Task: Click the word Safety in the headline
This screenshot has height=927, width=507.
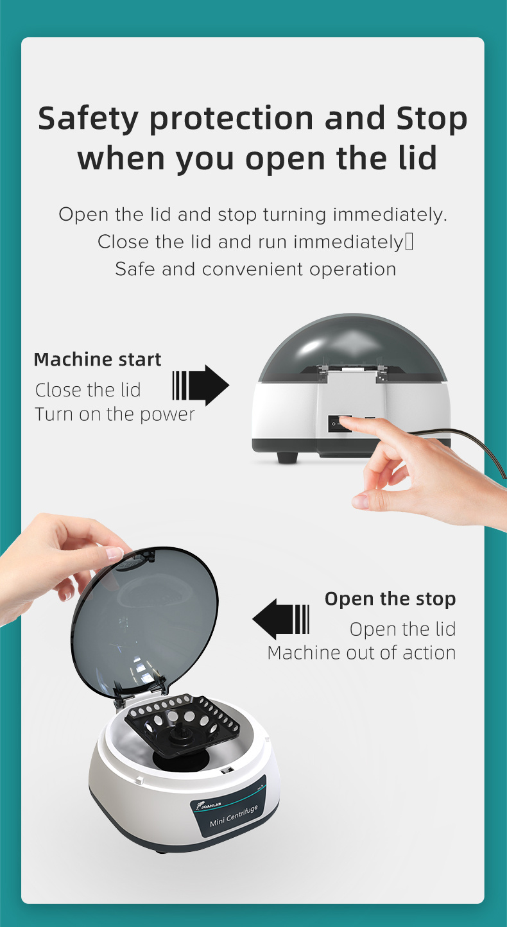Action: pyautogui.click(x=88, y=119)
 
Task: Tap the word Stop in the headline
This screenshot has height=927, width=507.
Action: pyautogui.click(x=432, y=119)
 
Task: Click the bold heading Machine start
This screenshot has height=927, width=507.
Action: pyautogui.click(x=98, y=360)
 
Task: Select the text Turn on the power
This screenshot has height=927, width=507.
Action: pyautogui.click(x=115, y=414)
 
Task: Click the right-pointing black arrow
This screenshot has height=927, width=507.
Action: pyautogui.click(x=201, y=385)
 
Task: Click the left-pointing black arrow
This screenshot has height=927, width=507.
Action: pyautogui.click(x=280, y=619)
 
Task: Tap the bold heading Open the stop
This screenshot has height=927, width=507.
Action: pyautogui.click(x=390, y=599)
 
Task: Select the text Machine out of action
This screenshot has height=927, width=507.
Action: pyautogui.click(x=361, y=653)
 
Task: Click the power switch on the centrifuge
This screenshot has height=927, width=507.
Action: pyautogui.click(x=340, y=424)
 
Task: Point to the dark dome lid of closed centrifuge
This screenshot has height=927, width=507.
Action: pyautogui.click(x=352, y=348)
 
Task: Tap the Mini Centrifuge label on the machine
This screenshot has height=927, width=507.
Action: pyautogui.click(x=234, y=815)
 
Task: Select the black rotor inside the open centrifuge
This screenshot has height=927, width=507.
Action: pyautogui.click(x=182, y=725)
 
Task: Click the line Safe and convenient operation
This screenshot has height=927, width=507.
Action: pyautogui.click(x=255, y=269)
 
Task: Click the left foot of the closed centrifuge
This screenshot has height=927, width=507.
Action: pyautogui.click(x=288, y=457)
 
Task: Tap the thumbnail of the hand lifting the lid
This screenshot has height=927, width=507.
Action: pyautogui.click(x=114, y=553)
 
